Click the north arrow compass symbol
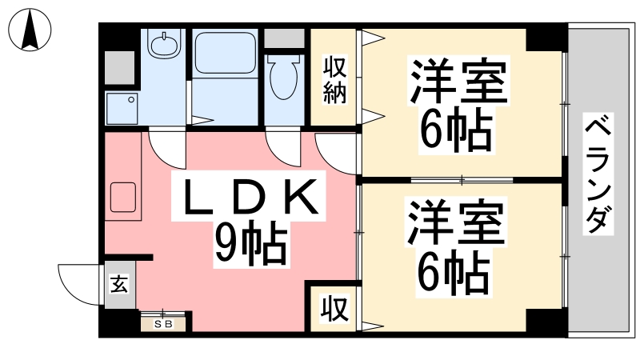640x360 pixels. point(30,30)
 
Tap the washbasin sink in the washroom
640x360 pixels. point(165,45)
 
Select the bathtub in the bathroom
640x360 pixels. point(225,53)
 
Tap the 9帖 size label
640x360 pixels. point(251,244)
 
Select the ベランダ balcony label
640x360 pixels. point(598,174)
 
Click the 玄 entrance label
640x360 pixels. point(119,285)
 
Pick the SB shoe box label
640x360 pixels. point(164,325)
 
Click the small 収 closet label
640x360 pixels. point(334,309)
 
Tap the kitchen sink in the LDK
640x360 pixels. point(123,198)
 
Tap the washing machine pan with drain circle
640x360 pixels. point(122,108)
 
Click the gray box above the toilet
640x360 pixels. point(284,38)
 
